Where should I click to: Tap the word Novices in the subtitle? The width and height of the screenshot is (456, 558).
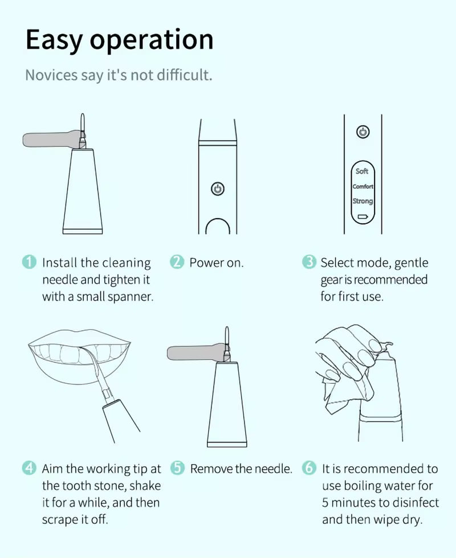51,75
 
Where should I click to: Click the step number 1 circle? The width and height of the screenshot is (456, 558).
29,262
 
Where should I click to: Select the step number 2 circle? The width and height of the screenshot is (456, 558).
177,262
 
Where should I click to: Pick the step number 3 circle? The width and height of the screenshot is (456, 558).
309,262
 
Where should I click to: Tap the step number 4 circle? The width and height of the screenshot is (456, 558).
29,467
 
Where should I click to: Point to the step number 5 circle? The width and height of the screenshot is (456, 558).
177,467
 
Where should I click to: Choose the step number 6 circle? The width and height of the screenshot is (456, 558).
309,467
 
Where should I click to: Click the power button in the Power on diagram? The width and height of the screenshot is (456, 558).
218,188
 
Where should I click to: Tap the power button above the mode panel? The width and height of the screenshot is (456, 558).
363,132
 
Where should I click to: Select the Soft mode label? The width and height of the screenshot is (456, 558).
361,171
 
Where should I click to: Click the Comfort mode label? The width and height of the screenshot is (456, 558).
363,187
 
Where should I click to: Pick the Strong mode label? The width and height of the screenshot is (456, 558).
363,201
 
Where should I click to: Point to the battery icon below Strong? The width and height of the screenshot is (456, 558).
363,216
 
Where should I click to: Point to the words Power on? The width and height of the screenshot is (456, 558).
216,262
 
